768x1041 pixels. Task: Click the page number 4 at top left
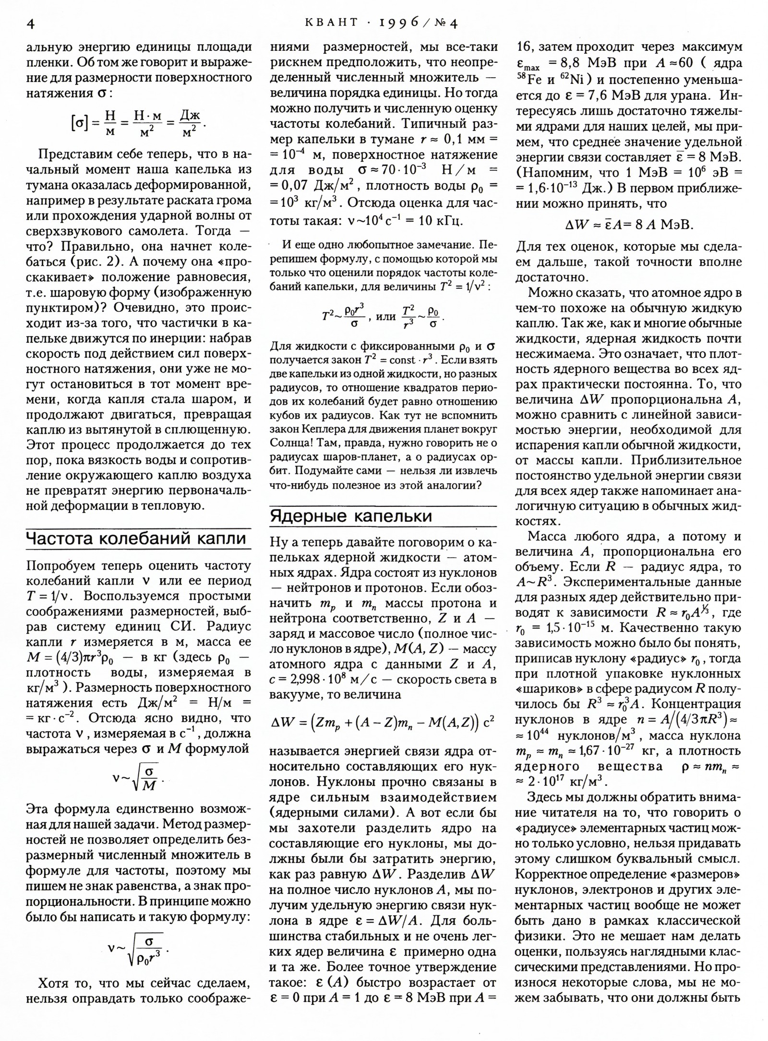point(30,24)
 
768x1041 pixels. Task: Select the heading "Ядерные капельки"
point(351,516)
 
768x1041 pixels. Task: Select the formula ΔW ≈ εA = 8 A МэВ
point(628,224)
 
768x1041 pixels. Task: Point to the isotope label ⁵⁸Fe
point(529,79)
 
